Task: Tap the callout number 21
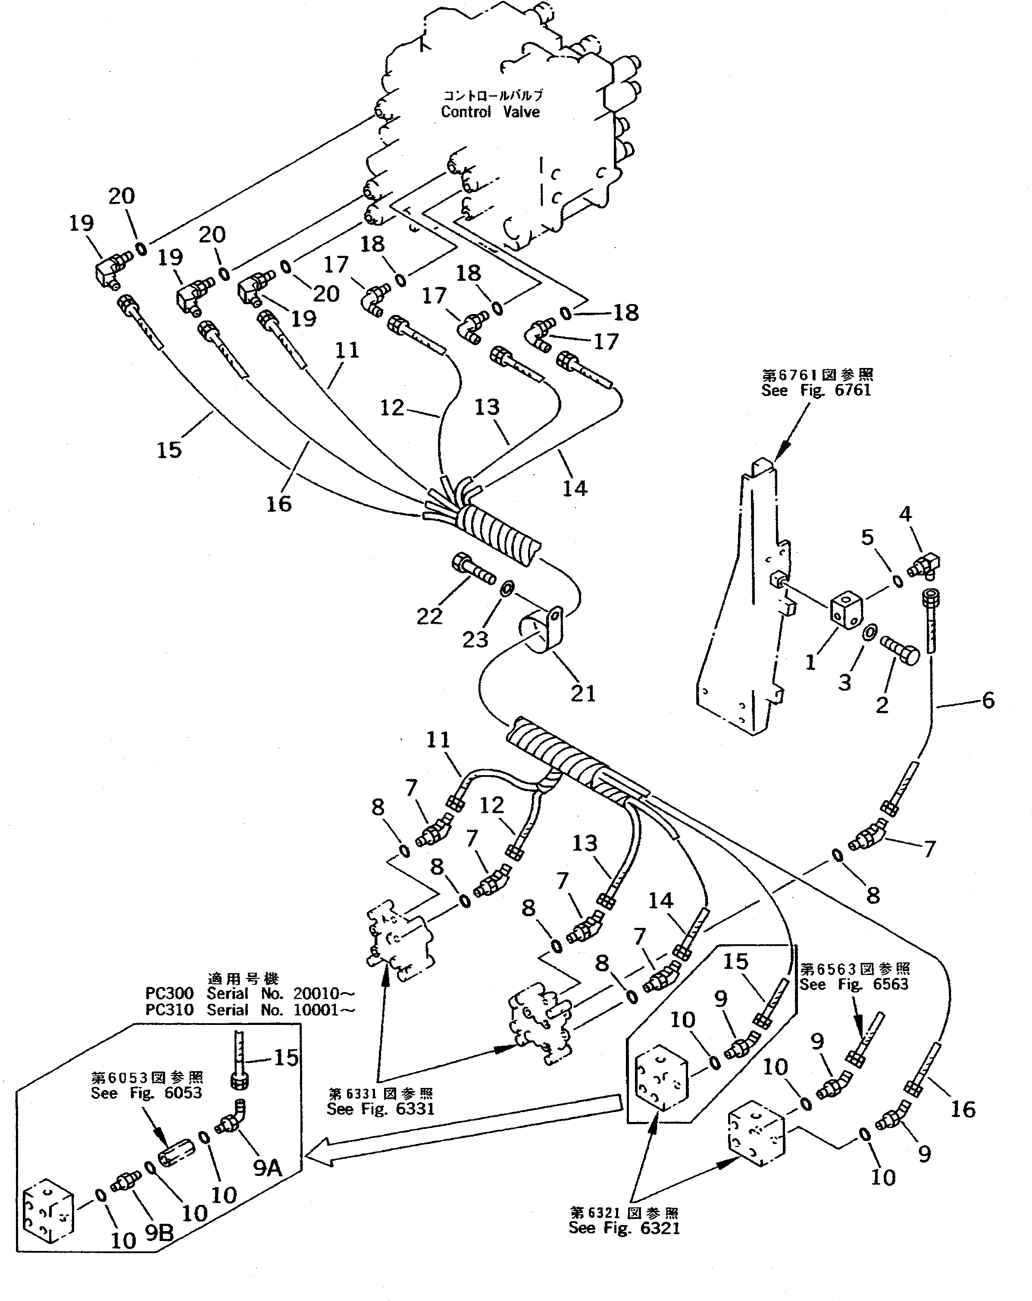[x=583, y=694]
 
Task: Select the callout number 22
[x=429, y=616]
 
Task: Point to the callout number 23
[x=475, y=640]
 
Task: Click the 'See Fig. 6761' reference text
[x=816, y=390]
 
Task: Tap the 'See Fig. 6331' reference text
[x=381, y=1109]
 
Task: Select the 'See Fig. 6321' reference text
[x=624, y=1228]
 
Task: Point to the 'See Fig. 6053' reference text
[x=147, y=1093]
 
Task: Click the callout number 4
[x=905, y=514]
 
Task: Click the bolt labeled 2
[x=901, y=650]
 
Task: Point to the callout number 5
[x=867, y=537]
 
